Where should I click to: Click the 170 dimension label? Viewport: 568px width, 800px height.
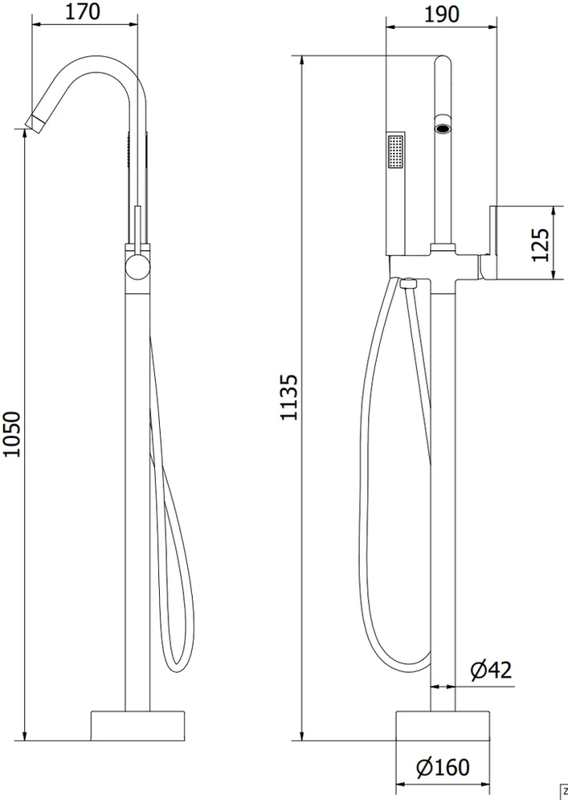[83, 12]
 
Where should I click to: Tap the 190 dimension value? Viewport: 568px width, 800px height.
[442, 14]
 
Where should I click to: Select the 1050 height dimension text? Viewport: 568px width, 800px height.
[12, 434]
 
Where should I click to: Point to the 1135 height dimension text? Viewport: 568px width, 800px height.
[289, 397]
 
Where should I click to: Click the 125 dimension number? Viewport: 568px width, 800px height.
[541, 245]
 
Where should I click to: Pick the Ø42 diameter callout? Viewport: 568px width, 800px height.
[491, 670]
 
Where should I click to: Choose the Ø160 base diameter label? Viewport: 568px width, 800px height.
[443, 767]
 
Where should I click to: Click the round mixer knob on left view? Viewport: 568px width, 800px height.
[137, 268]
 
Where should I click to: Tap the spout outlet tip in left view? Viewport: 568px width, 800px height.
[34, 124]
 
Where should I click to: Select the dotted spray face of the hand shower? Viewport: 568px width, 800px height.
[396, 151]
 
